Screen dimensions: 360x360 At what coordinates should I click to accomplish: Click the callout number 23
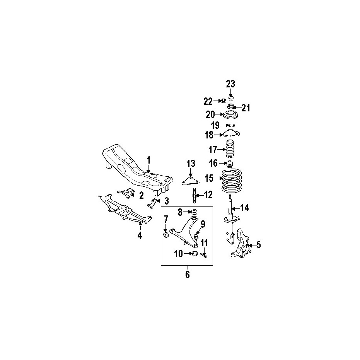pos(230,84)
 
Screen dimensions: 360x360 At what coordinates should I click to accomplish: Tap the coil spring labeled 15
pos(232,181)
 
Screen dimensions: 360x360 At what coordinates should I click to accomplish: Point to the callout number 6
pos(188,274)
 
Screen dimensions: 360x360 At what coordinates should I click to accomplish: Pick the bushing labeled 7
pos(166,235)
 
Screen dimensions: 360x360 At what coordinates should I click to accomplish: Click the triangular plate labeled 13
pos(190,181)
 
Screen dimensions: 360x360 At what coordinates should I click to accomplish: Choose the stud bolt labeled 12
pos(194,195)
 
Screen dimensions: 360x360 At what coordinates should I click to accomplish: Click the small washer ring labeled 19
pos(231,125)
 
